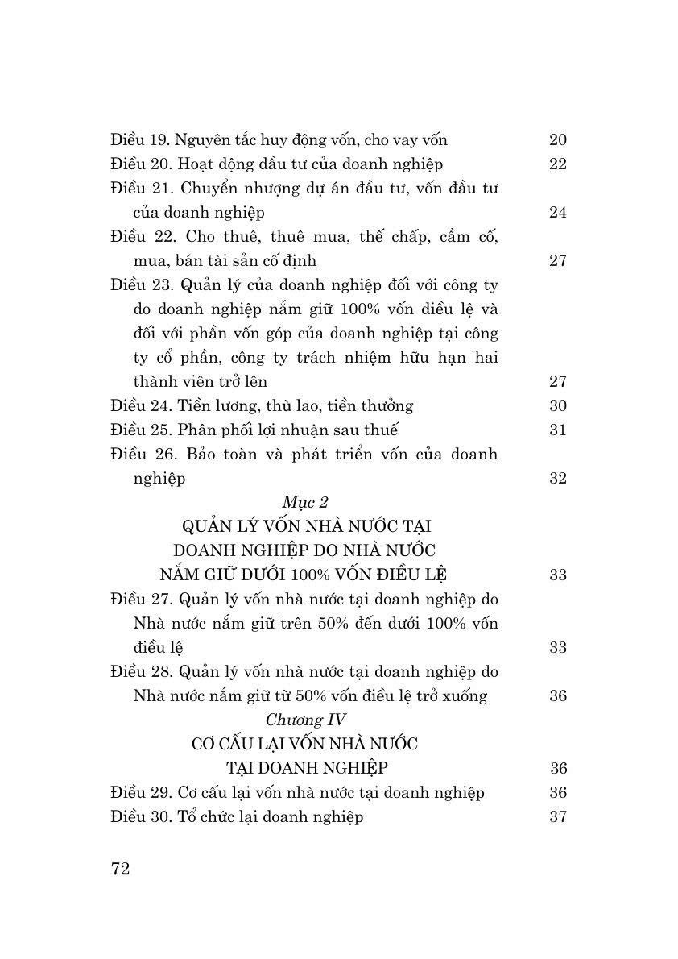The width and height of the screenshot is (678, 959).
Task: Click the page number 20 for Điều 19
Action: (558, 139)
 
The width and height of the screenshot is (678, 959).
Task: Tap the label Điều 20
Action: (138, 164)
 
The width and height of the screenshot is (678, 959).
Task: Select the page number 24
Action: (558, 212)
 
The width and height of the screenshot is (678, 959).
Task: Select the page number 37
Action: (558, 816)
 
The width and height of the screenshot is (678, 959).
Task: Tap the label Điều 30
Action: (138, 816)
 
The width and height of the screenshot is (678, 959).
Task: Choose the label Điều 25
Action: (138, 430)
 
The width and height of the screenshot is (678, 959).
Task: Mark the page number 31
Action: (558, 430)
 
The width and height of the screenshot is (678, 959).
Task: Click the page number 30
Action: (558, 405)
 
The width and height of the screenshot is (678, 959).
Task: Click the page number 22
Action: (558, 164)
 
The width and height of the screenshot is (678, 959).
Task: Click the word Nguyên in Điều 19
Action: (202, 140)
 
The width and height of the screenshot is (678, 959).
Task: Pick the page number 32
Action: (558, 478)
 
